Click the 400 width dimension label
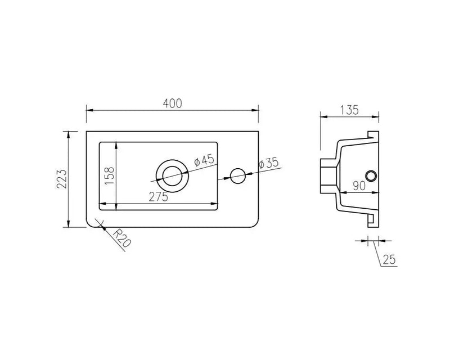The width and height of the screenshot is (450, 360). coord(173,103)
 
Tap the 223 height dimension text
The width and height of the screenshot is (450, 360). coord(62,179)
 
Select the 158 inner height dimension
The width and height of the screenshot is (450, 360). coord(109,175)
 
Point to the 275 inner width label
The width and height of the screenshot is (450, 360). coord(159,197)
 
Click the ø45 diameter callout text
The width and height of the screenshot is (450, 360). coord(204,160)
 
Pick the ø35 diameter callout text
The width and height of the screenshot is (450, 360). coord(268,163)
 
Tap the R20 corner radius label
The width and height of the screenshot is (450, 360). coord(121,238)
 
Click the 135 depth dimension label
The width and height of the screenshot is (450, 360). coord(349,110)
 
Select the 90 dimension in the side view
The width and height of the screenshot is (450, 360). coord(359,186)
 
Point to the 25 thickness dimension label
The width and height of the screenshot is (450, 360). coord(389,260)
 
